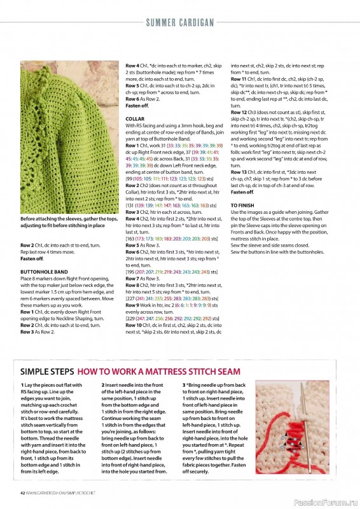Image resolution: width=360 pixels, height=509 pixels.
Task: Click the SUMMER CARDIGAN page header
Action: pos(179,23)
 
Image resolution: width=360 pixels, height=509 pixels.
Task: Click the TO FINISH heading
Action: pos(242,206)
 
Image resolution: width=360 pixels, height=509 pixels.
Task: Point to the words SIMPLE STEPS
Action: pos(48,371)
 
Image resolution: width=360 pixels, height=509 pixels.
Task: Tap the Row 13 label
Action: pos(239,172)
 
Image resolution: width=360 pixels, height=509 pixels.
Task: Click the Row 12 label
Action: pos(239,112)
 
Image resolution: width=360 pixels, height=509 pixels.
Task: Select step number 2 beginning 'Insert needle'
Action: pos(103,386)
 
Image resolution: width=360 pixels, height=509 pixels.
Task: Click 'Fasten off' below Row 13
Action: pos(242,192)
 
